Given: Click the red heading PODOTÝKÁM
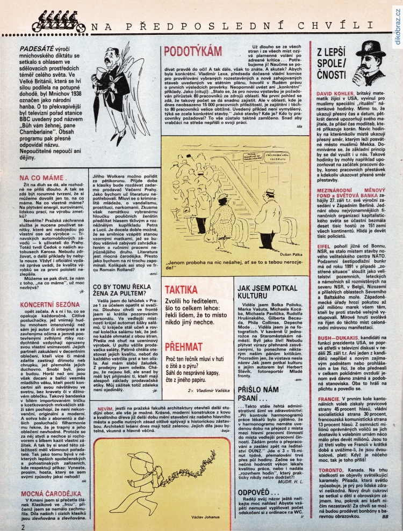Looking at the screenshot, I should coord(193,51).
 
